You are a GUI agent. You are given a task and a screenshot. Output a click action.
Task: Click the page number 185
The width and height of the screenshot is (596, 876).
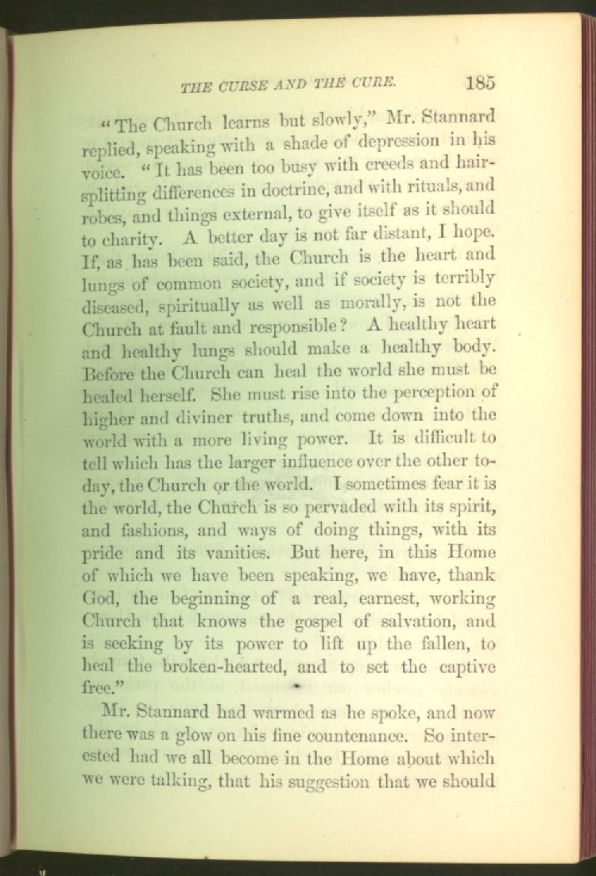(x=482, y=82)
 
